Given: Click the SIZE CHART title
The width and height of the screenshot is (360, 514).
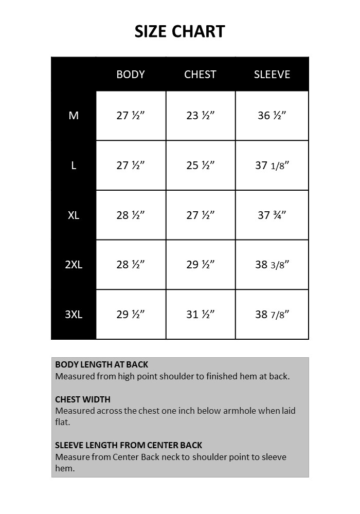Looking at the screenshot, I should [x=179, y=31].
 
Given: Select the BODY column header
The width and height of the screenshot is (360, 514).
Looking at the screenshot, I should [x=131, y=75].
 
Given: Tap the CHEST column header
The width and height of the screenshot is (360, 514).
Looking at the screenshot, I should [x=200, y=75].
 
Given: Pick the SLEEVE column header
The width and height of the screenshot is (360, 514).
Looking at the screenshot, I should [x=272, y=75].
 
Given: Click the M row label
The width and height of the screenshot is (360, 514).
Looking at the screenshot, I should [x=74, y=116].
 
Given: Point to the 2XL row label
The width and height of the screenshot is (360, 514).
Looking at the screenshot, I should [x=74, y=265].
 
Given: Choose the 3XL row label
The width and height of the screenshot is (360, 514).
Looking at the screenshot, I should [x=74, y=315].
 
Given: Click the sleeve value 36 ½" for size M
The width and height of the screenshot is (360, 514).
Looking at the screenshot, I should [x=272, y=116].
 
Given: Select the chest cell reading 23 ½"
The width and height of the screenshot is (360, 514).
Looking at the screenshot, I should [x=200, y=116].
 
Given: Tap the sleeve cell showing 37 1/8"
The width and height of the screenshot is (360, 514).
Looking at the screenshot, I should [x=272, y=166].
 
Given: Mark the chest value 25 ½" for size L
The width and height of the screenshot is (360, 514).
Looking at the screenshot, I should [x=200, y=166].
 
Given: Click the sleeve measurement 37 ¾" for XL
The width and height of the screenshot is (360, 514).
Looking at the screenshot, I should [x=272, y=215].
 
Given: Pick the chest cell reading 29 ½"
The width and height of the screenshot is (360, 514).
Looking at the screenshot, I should [x=200, y=265].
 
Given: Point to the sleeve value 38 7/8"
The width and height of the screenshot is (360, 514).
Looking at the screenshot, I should [x=272, y=315].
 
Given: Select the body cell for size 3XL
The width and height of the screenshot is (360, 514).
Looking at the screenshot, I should [x=131, y=315].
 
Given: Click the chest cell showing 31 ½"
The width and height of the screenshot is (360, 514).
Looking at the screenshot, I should [x=200, y=315].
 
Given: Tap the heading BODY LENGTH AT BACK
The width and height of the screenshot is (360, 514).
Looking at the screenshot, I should [x=101, y=365].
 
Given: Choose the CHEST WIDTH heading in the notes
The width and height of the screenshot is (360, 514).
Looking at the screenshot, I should [x=83, y=399].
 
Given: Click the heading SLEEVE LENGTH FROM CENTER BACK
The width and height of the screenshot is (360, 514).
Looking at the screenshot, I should [x=129, y=445].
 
